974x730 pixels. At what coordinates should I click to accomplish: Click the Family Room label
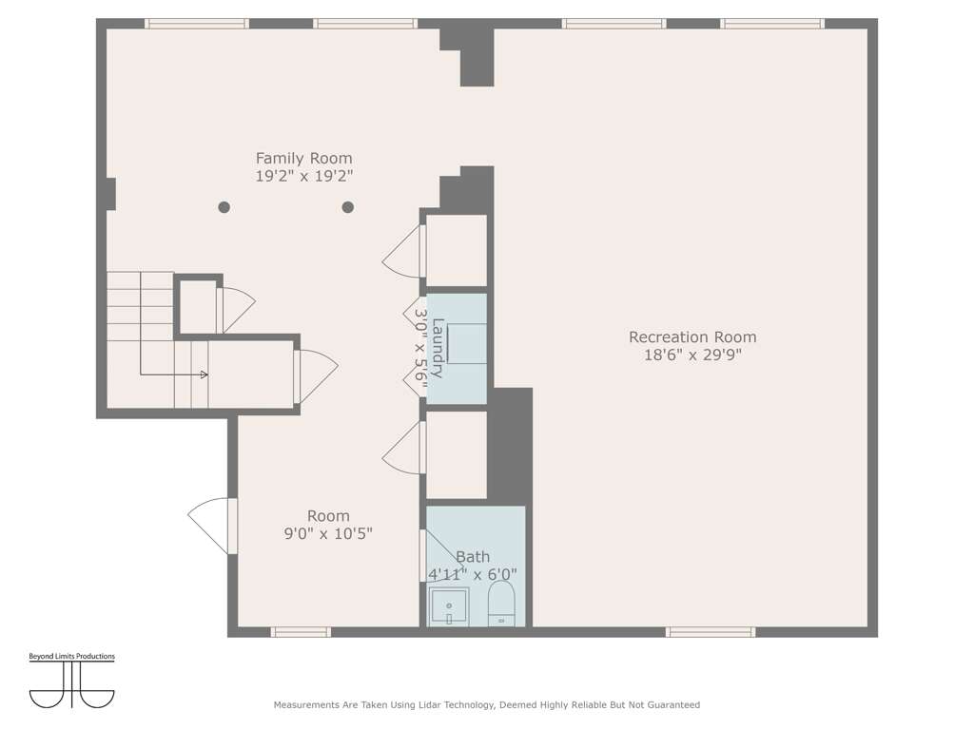coord(303,159)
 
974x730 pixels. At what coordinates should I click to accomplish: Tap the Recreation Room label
coord(692,337)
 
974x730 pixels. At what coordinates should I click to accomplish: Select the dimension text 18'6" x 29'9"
coord(692,355)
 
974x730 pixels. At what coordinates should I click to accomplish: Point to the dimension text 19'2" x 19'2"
coord(303,176)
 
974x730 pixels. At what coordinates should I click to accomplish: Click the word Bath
coord(473,557)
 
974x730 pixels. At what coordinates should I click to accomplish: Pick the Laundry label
coord(438,348)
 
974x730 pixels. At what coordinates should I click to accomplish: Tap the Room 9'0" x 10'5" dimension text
coord(328,533)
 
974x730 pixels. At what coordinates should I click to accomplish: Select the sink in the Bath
coord(449,606)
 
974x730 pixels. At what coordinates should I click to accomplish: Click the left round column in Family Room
coord(224,207)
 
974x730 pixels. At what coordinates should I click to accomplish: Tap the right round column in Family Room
coord(348,207)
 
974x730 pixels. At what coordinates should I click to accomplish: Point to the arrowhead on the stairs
coord(205,375)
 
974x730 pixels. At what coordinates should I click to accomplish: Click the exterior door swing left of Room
coord(208,526)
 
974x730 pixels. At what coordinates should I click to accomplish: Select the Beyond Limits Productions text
coord(72,656)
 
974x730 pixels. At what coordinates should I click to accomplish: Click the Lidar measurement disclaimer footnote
coord(487,704)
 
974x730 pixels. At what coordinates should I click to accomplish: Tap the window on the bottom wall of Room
coord(301,632)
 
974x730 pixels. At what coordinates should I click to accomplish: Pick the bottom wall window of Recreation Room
coord(711,632)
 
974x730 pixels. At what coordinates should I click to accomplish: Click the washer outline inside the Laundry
coord(466,343)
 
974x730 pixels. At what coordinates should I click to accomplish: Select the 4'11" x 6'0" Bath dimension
coord(473,575)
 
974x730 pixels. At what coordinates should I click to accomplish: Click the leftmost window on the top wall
coord(197,24)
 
